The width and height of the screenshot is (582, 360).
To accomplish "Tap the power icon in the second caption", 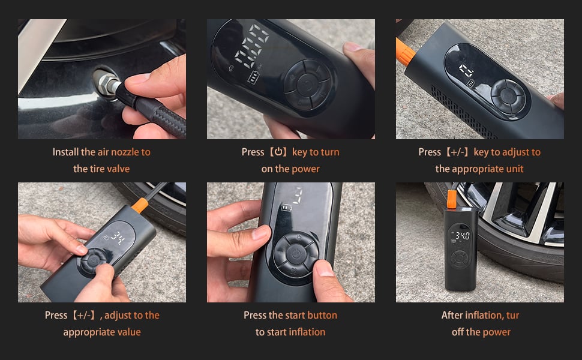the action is pyautogui.click(x=278, y=152).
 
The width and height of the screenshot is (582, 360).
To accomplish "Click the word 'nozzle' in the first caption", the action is pyautogui.click(x=125, y=152).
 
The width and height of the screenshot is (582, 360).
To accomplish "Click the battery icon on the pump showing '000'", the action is pyautogui.click(x=254, y=77).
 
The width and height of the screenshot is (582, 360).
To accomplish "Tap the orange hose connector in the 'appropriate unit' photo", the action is pyautogui.click(x=404, y=51).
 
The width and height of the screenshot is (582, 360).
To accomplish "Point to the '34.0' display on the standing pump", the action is pyautogui.click(x=463, y=235).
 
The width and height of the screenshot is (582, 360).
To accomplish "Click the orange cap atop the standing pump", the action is pyautogui.click(x=451, y=199).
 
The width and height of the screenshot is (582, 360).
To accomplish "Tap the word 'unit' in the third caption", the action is pyautogui.click(x=515, y=169).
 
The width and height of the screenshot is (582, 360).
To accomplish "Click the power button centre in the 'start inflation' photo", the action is pyautogui.click(x=296, y=254).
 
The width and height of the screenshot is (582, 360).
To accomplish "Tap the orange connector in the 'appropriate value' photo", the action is pyautogui.click(x=140, y=205).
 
